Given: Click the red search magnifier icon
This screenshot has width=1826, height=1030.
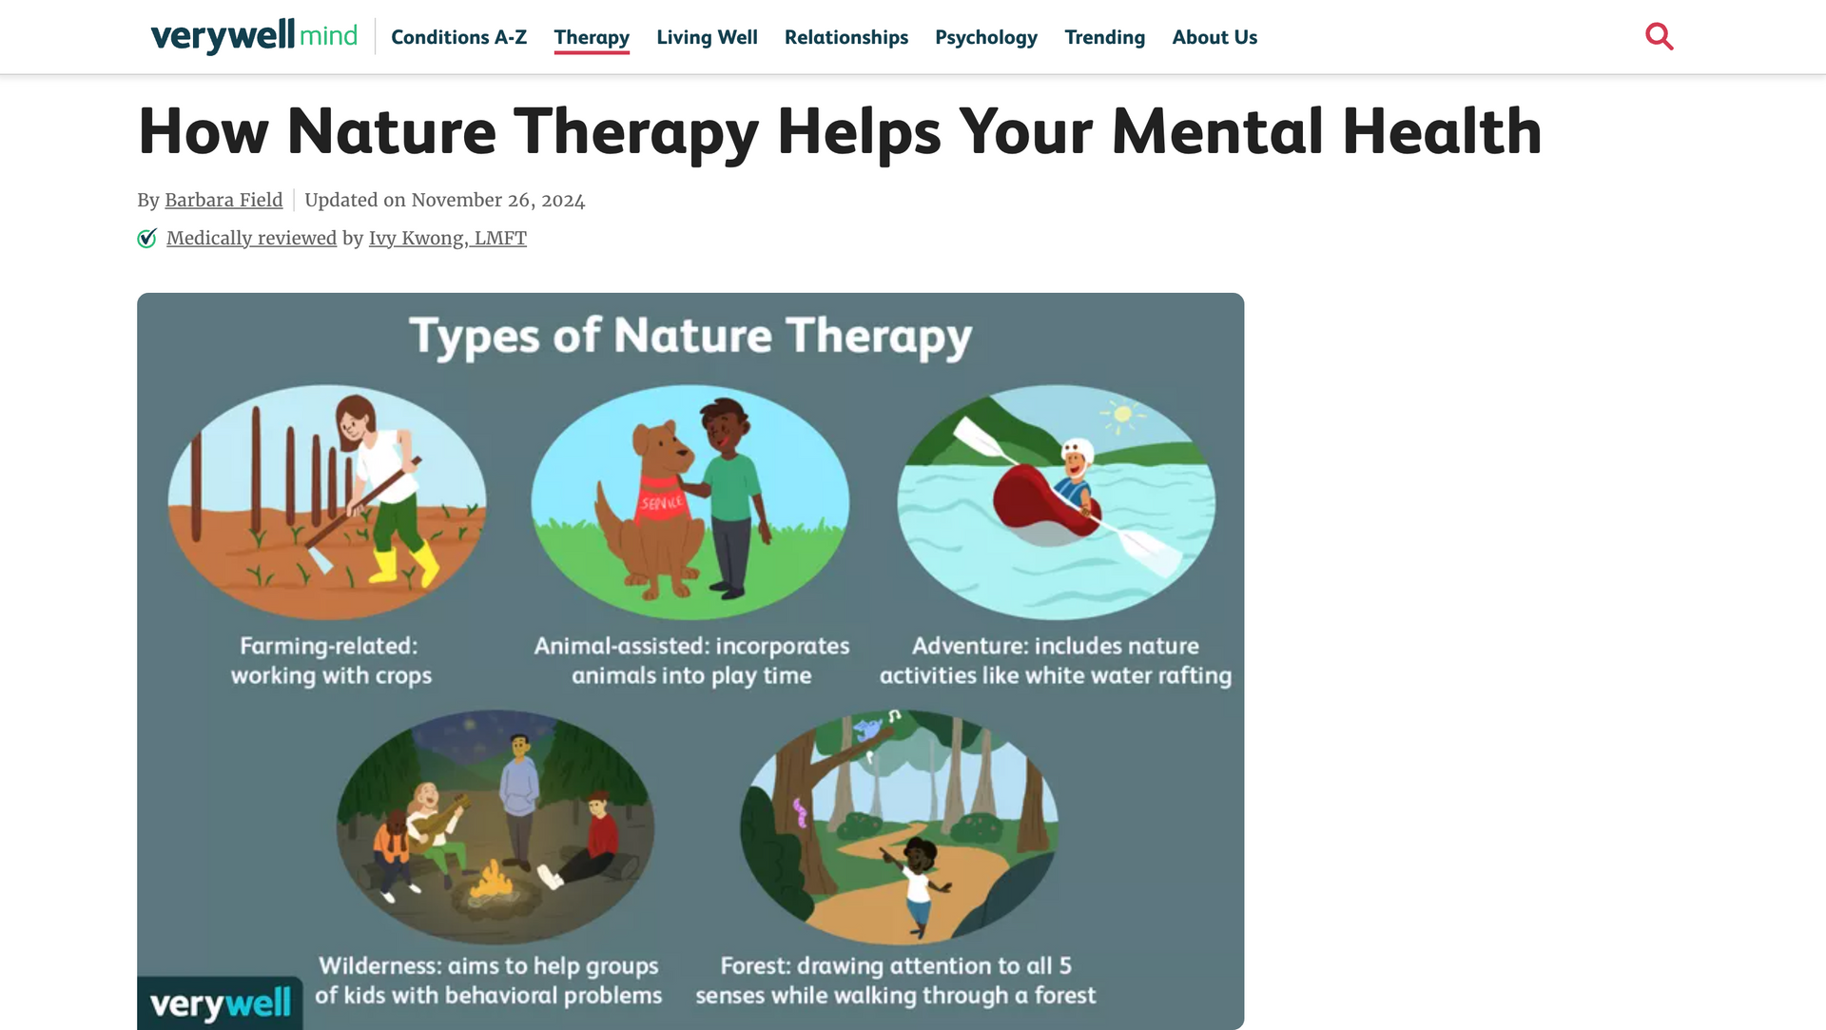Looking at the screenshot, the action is click(x=1660, y=36).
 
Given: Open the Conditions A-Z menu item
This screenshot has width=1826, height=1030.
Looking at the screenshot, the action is click(x=458, y=37).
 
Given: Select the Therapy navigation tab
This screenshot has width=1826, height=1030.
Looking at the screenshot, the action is click(x=592, y=37).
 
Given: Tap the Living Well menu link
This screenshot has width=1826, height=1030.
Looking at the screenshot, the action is click(x=707, y=37).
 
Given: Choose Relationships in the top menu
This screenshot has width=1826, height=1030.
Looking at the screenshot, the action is click(x=846, y=37).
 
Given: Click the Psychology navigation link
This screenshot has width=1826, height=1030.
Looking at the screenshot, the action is click(x=986, y=37).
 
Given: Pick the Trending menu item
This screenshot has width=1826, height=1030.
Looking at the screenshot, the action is click(x=1104, y=37).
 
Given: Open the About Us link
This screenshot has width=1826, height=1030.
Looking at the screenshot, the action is click(x=1214, y=37).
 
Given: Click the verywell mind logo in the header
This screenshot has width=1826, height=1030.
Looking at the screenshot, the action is click(x=254, y=36).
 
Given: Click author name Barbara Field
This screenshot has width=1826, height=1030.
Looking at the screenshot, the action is click(x=223, y=200).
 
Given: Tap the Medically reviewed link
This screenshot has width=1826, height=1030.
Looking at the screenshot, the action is click(x=251, y=238).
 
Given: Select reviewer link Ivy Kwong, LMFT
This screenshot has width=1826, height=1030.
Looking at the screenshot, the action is click(x=448, y=238).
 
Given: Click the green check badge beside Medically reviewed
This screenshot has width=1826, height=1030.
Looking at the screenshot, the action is click(x=146, y=238).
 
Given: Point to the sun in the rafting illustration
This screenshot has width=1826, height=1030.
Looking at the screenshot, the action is click(x=1122, y=415).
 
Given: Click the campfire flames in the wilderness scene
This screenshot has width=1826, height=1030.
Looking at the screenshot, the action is click(x=491, y=880).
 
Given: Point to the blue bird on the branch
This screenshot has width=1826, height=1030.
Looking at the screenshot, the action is click(x=867, y=729).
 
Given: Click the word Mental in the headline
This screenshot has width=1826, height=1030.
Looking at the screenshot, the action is click(x=1218, y=131).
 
